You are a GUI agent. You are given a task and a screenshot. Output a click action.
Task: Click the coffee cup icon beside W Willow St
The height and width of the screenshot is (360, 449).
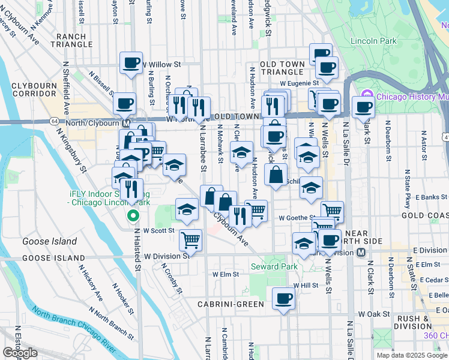[x=131, y=63]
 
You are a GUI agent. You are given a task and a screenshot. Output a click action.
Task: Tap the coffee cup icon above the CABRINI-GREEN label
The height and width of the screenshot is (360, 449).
[x=283, y=298]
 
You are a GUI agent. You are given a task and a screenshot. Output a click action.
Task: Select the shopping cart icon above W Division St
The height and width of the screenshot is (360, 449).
[x=191, y=239]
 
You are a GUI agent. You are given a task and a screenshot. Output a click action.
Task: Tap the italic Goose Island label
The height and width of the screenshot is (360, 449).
[x=49, y=241]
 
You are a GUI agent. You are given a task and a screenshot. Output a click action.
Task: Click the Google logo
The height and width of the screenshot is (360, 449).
[x=20, y=353]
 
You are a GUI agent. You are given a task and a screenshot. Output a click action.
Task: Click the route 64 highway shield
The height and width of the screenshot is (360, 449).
[x=54, y=121]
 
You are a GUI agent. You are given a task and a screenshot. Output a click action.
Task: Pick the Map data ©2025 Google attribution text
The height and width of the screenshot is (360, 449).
[x=411, y=355]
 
